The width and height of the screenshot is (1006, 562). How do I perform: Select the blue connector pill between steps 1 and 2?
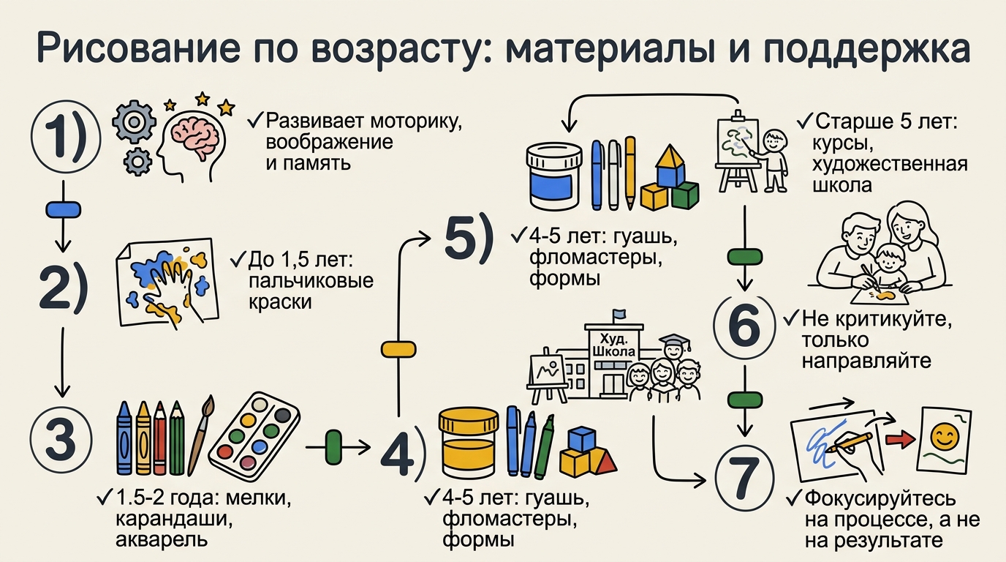[63, 210]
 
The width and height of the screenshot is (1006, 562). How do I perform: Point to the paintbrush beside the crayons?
[200, 432]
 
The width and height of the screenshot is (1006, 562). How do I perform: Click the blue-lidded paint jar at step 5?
[553, 177]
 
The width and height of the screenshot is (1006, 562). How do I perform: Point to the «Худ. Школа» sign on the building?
[616, 345]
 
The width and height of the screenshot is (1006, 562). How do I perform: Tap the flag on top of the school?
[620, 315]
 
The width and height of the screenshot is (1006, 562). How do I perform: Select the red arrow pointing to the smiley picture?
[901, 441]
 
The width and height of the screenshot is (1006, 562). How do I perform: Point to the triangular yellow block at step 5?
[670, 157]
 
